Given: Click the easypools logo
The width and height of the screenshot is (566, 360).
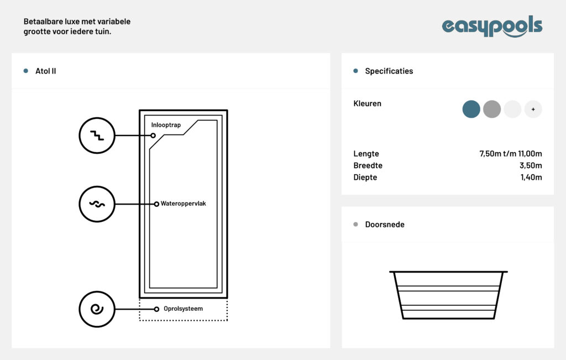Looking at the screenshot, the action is tap(492, 26).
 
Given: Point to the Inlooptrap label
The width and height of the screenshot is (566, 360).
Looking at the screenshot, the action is tap(166, 125).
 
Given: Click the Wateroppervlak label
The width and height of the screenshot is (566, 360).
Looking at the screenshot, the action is tap(183, 204).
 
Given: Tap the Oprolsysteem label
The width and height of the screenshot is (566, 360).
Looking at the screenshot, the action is tap(183, 309).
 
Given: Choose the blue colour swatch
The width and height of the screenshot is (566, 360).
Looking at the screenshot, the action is tap(471, 109).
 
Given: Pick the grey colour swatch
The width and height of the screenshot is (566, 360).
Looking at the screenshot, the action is tap(491, 109).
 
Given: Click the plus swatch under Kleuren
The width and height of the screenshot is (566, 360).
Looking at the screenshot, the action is tap(533, 109).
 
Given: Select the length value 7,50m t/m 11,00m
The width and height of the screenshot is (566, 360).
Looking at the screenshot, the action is tap(510, 154).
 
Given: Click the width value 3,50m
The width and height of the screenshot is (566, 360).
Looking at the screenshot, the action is tap(531, 165).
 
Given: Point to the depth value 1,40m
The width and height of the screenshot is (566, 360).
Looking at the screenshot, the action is tap(531, 178).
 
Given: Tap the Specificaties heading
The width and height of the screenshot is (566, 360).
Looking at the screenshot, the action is tap(389, 71).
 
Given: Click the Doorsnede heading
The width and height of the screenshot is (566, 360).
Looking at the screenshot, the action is tap(385, 225).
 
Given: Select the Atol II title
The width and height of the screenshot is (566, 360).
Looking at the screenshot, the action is tap(45, 71).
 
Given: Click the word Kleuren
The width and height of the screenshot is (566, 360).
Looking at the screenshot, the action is tap(367, 103).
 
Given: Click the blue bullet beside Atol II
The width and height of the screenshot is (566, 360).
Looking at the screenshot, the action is tap(25, 71).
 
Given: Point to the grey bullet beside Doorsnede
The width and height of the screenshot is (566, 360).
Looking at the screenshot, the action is tap(355, 224).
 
